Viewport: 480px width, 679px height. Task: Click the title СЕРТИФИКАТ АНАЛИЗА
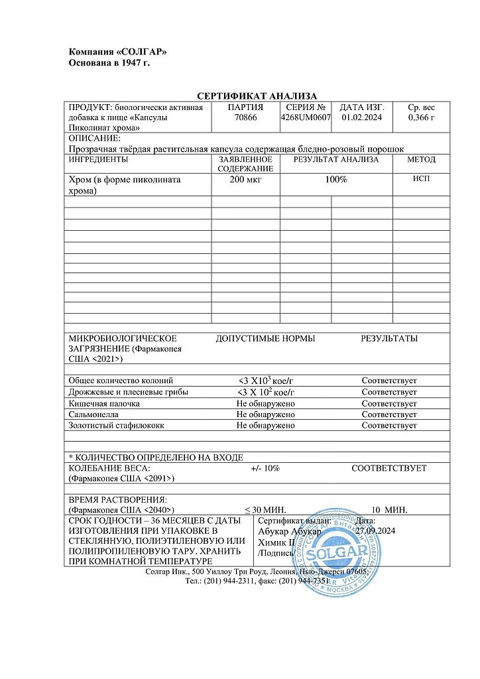257,97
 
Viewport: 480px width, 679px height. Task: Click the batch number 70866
245,118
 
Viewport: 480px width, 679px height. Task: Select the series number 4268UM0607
305,118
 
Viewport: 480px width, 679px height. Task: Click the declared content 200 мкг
245,180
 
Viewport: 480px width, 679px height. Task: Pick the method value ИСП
422,179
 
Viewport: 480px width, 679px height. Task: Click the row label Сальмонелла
93,414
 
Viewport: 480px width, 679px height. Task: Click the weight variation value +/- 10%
265,468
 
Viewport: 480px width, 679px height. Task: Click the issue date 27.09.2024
375,531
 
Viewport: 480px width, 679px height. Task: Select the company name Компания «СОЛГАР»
118,52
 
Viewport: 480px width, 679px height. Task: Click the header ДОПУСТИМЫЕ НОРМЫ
265,339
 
